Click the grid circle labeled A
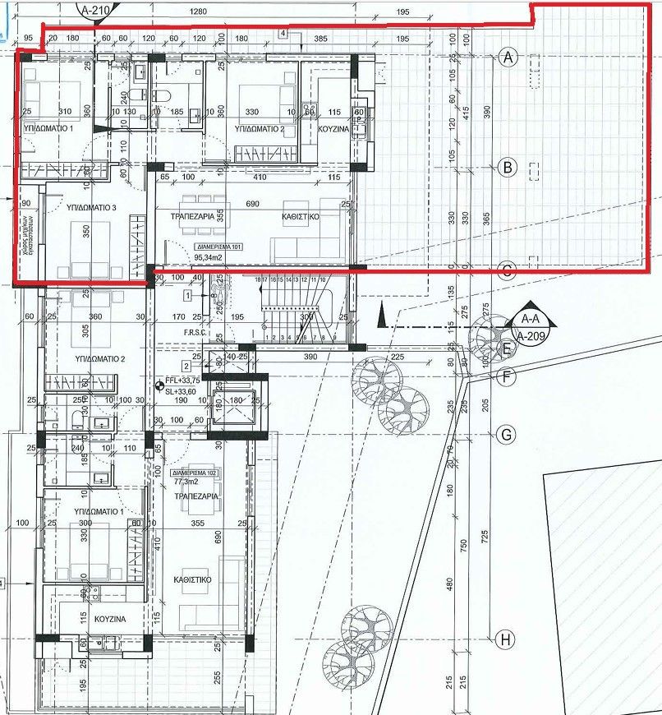pyautogui.click(x=508, y=57)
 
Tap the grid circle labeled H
pyautogui.click(x=507, y=638)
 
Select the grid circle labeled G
pyautogui.click(x=507, y=434)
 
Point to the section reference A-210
pyautogui.click(x=98, y=11)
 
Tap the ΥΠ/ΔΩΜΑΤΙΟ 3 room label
pyautogui.click(x=88, y=209)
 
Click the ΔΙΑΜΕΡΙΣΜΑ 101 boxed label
pyautogui.click(x=218, y=246)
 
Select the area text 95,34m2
pyautogui.click(x=212, y=257)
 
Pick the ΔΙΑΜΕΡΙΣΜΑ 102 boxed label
pyautogui.click(x=194, y=474)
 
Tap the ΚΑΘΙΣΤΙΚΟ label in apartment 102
pyautogui.click(x=193, y=579)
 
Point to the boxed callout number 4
pyautogui.click(x=282, y=34)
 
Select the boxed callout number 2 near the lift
pyautogui.click(x=186, y=366)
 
